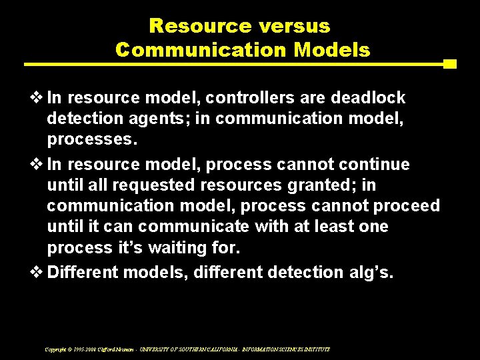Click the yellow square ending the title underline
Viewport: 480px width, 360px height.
450,64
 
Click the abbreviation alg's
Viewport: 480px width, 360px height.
372,272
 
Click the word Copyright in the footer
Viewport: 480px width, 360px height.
55,349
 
